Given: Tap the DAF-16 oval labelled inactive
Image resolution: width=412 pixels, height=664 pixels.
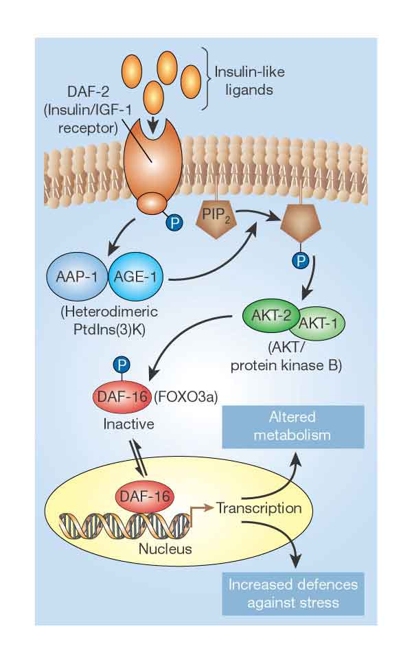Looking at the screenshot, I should point(119,396).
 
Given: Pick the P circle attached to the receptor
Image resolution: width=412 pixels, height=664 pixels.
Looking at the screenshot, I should point(176,222).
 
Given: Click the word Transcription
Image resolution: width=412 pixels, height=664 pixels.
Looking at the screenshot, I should point(259,508).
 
